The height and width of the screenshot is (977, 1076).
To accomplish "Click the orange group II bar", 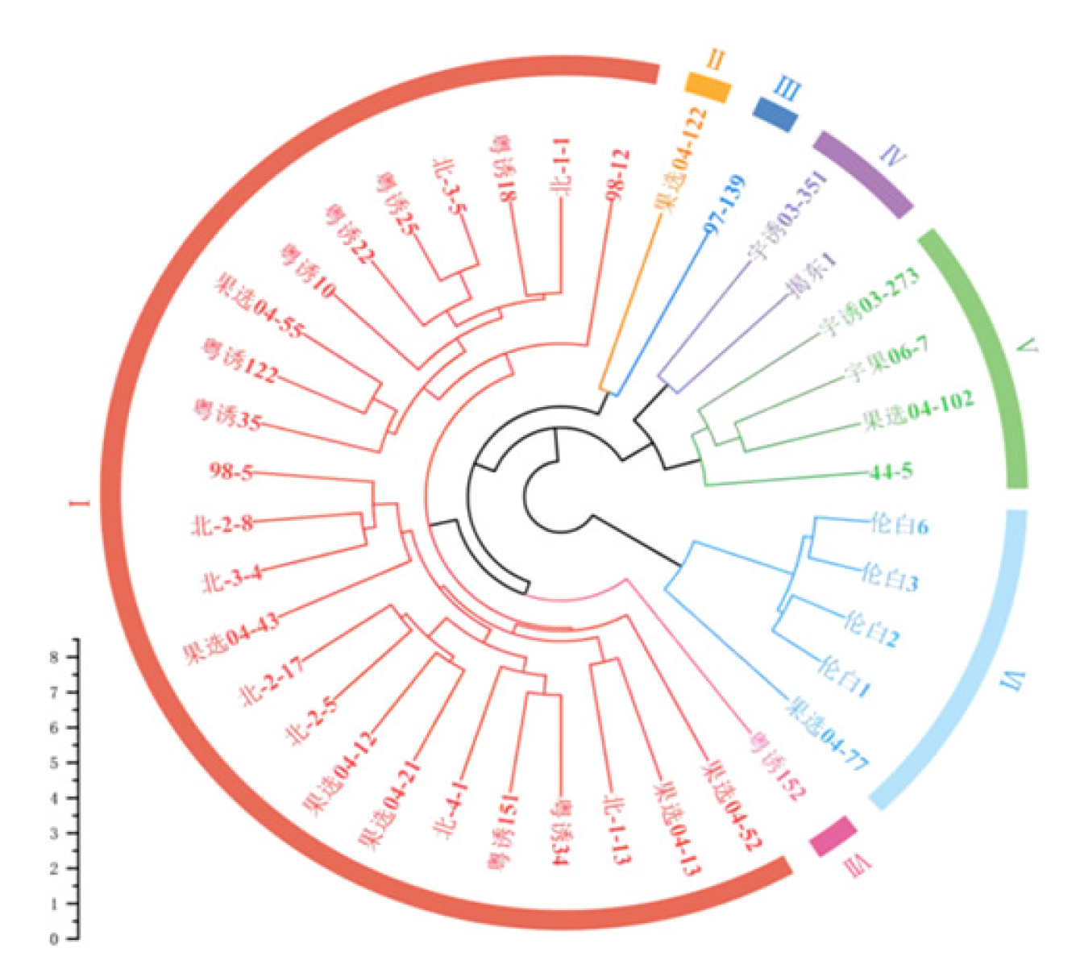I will pyautogui.click(x=708, y=86).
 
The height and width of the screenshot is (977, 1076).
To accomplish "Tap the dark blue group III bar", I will pyautogui.click(x=775, y=113).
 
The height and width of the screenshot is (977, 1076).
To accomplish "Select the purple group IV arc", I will pyautogui.click(x=862, y=174).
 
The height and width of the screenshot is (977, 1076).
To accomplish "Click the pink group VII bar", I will pyautogui.click(x=833, y=835).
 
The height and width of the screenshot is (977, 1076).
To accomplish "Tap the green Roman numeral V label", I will pyautogui.click(x=1027, y=347).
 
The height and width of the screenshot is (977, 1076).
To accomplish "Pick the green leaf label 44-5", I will pyautogui.click(x=891, y=472).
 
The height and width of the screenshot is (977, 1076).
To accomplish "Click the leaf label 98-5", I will pyautogui.click(x=231, y=471).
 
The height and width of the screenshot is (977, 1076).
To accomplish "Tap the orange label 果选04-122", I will pyautogui.click(x=682, y=161).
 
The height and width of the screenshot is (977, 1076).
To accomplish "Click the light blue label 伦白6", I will pyautogui.click(x=899, y=525).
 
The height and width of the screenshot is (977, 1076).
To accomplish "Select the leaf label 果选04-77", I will pyautogui.click(x=827, y=734).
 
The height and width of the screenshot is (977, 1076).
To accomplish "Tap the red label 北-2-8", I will pyautogui.click(x=222, y=525).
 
